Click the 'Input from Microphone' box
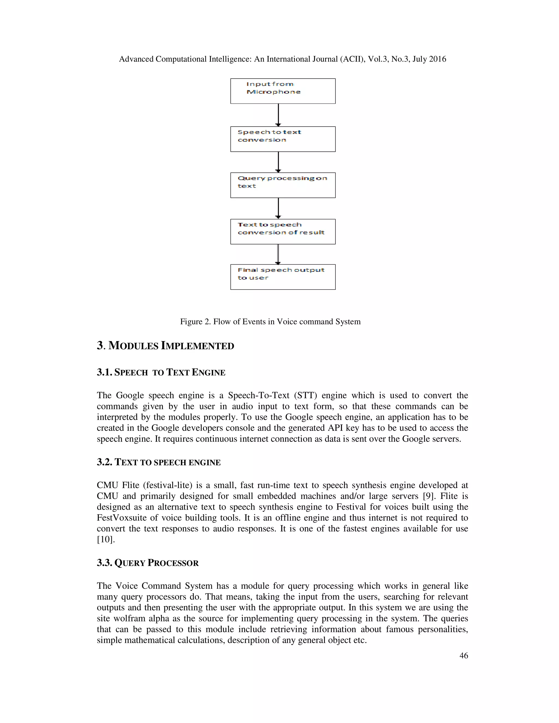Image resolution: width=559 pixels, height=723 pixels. click(x=283, y=91)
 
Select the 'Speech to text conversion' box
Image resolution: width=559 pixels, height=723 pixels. click(x=283, y=139)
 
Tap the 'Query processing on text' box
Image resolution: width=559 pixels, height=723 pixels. click(x=283, y=185)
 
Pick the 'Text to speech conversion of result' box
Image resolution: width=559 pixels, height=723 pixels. click(x=283, y=231)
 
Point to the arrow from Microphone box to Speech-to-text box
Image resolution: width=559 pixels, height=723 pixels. click(x=278, y=115)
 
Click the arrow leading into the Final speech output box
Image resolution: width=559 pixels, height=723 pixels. click(x=278, y=254)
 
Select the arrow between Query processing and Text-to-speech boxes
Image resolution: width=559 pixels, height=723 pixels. click(x=278, y=208)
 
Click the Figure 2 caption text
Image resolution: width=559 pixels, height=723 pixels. click(x=270, y=321)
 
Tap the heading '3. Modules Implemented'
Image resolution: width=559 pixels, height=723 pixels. click(x=165, y=346)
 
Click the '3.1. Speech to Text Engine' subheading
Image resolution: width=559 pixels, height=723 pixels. click(x=161, y=372)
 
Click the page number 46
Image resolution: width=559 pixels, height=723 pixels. click(x=464, y=655)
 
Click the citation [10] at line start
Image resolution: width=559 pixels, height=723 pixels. click(x=106, y=539)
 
